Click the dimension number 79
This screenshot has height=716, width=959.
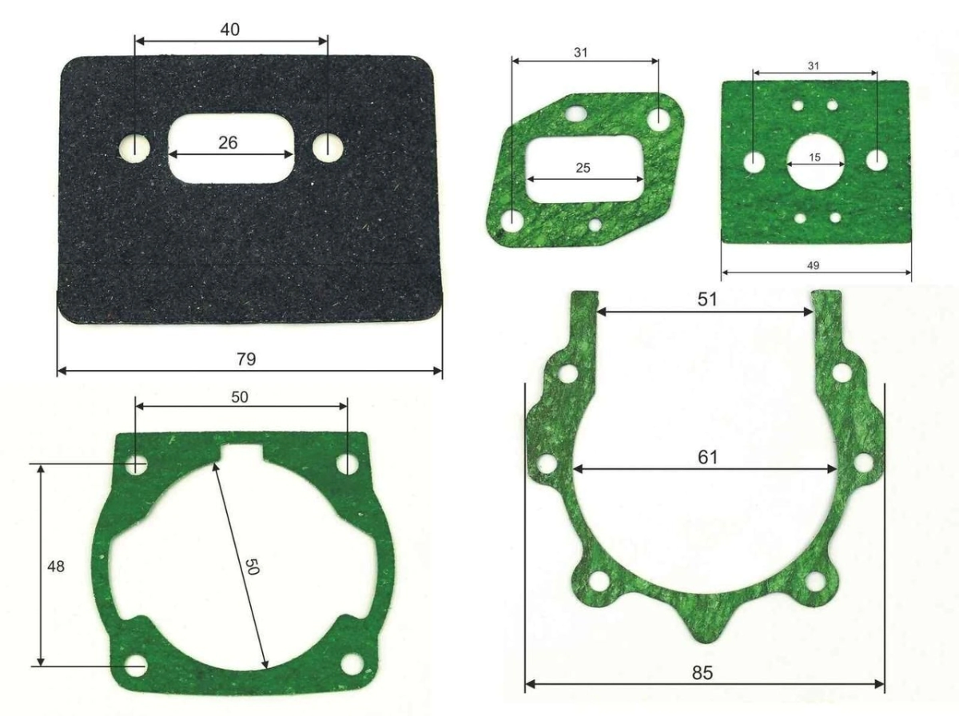(x=246, y=359)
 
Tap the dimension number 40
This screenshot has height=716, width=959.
(x=230, y=30)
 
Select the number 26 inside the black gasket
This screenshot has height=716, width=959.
(x=228, y=143)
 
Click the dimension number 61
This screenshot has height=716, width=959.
(x=707, y=457)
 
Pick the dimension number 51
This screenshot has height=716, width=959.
(x=707, y=299)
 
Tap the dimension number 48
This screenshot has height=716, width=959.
(x=55, y=567)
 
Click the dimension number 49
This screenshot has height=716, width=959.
(x=813, y=265)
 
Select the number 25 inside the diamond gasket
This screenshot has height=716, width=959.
(x=583, y=168)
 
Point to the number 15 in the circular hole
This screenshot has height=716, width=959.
(x=815, y=157)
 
